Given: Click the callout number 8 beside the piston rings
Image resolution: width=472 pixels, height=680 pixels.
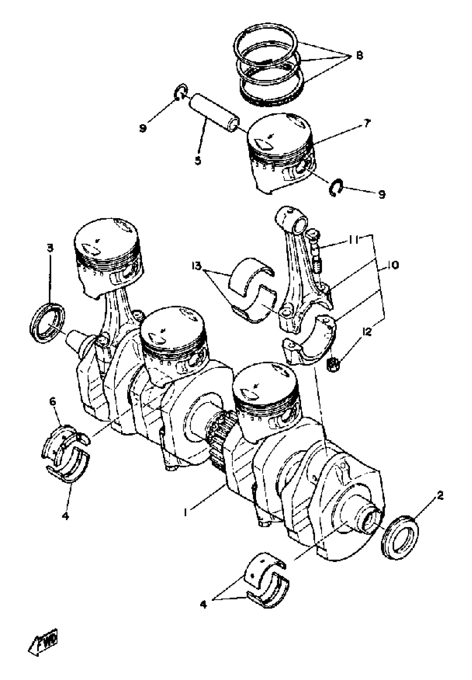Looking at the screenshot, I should tap(359, 55).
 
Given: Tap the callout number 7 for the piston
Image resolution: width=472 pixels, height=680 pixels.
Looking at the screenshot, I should tap(367, 123).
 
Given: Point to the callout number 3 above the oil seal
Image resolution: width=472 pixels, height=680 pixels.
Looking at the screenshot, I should tap(50, 248).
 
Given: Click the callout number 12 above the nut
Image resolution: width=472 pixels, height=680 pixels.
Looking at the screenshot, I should tap(367, 332).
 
